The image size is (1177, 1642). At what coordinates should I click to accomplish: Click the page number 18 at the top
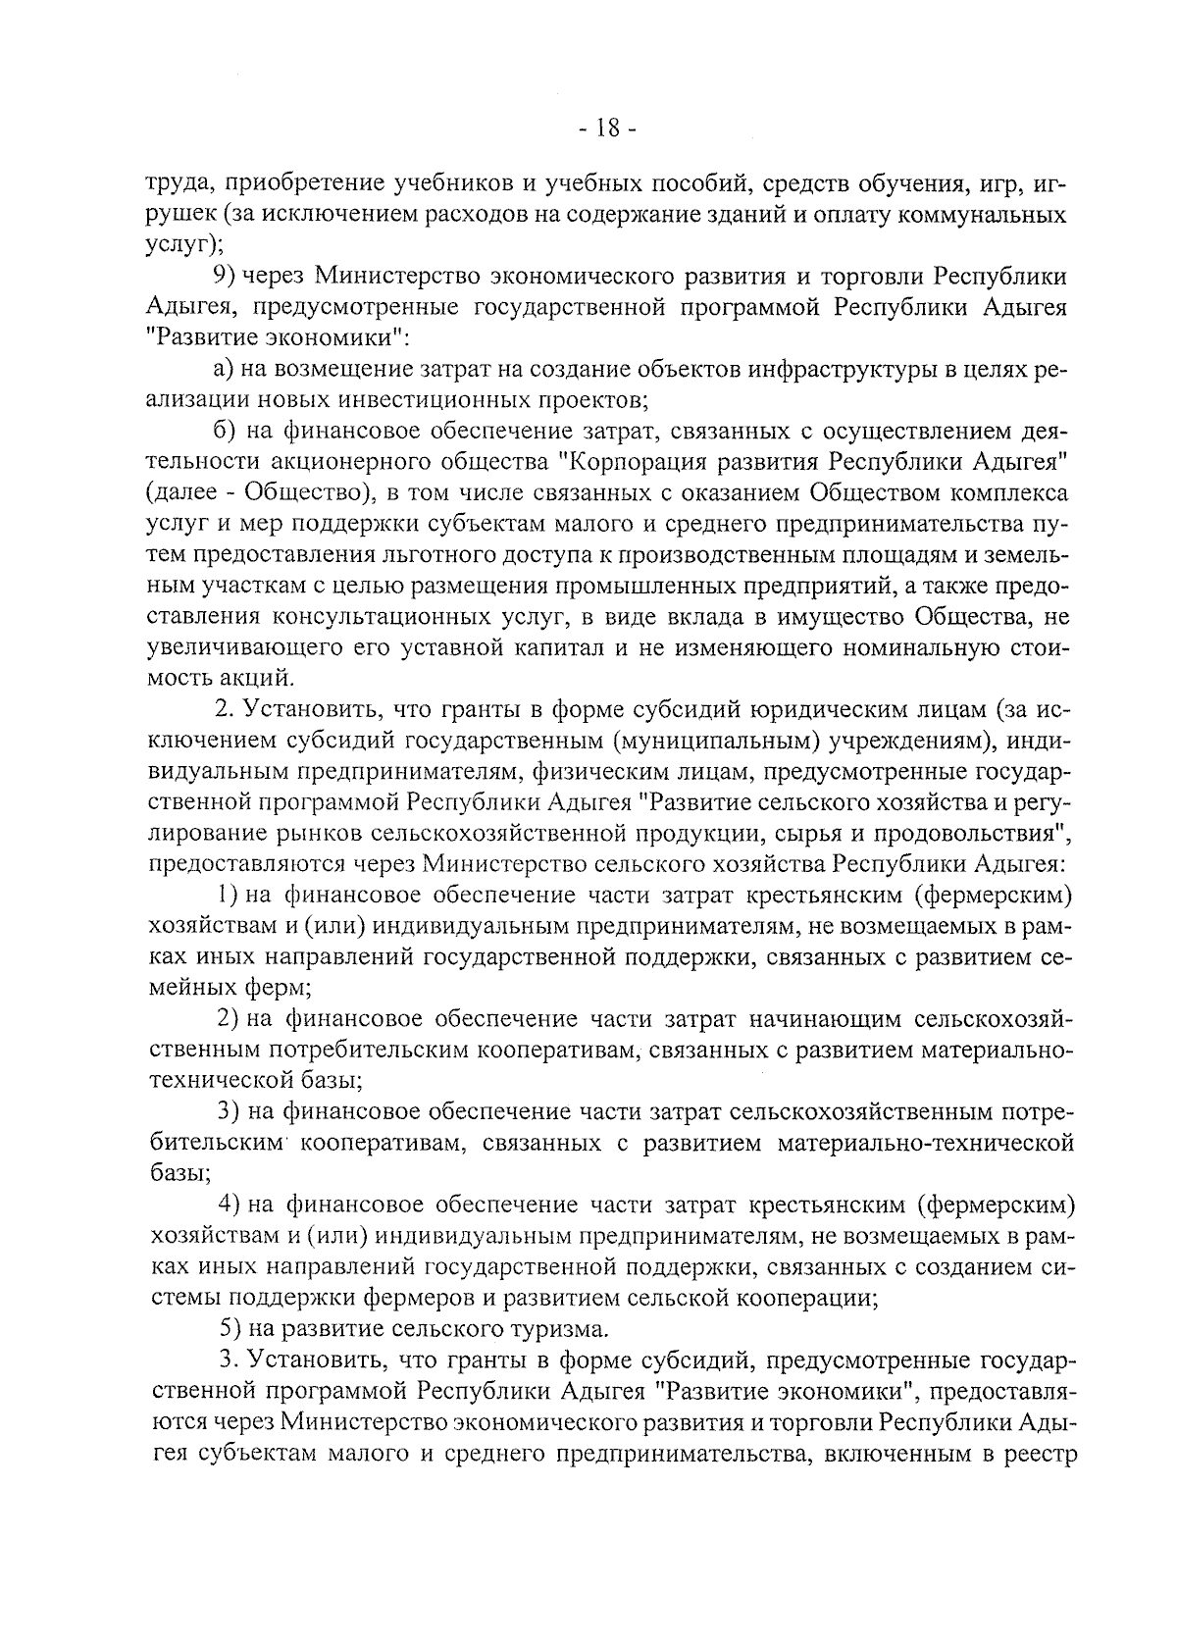point(607,128)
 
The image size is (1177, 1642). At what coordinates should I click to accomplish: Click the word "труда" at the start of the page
point(175,183)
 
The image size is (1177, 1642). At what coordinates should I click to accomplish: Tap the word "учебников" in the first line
point(451,183)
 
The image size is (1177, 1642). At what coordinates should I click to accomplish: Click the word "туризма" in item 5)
point(558,1329)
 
